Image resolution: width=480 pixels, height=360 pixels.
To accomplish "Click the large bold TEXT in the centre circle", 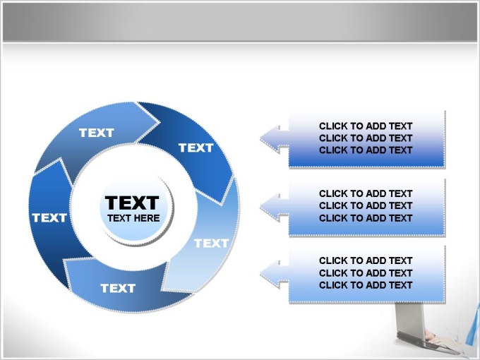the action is [x=132, y=203].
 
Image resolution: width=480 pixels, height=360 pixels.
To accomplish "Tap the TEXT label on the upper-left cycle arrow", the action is [x=97, y=133].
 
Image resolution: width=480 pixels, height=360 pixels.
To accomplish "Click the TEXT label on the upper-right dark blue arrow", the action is [x=196, y=148].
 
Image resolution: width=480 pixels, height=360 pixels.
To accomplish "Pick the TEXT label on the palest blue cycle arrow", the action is [x=212, y=244].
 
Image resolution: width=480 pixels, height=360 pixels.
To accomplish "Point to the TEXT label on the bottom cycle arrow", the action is [x=118, y=288].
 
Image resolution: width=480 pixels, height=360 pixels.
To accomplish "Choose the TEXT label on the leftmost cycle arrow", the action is [x=49, y=218].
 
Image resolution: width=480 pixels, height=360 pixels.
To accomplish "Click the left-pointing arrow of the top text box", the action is [x=275, y=138].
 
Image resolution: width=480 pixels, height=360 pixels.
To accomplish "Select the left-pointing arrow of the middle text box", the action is [x=275, y=208].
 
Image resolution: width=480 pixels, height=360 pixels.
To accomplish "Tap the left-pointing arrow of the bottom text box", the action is [x=275, y=274].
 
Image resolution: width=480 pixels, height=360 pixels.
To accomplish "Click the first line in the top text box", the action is [x=366, y=126].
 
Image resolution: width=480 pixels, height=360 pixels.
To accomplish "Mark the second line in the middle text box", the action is [x=366, y=205].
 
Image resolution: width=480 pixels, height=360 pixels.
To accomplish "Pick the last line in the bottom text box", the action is [x=366, y=285].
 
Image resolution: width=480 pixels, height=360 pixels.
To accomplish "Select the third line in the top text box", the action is [x=366, y=150].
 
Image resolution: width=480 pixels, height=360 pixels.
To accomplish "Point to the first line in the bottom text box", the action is [x=366, y=260].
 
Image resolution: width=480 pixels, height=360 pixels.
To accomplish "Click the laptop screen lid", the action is [x=409, y=318].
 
